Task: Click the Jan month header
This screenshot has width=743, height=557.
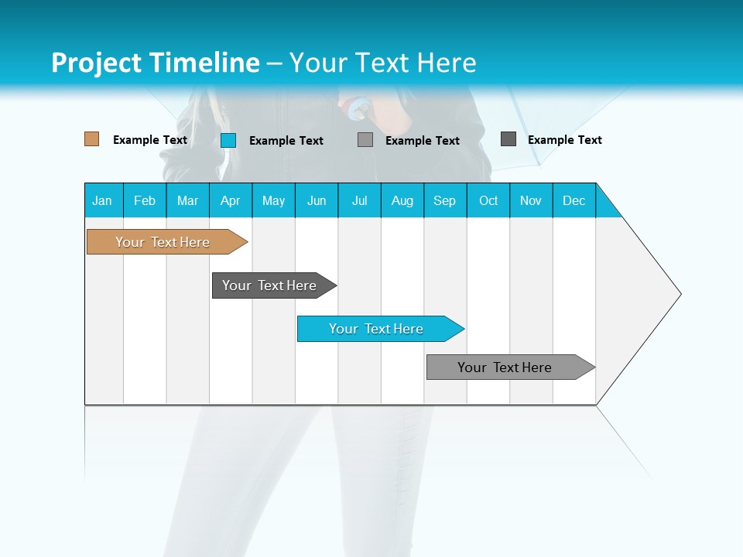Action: [x=103, y=200]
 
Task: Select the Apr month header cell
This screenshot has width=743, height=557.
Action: [x=231, y=200]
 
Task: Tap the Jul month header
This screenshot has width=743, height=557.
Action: [x=360, y=200]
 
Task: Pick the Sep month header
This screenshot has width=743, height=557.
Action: [x=445, y=200]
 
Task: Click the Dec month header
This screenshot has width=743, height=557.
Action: [x=574, y=200]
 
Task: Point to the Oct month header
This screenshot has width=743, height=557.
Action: [x=488, y=200]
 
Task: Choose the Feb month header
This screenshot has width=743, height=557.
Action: [x=145, y=200]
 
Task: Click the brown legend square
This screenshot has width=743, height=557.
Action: [x=92, y=139]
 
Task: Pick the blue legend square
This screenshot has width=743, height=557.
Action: [x=228, y=140]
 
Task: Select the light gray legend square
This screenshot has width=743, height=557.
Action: [x=365, y=140]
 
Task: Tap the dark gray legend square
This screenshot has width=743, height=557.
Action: [x=508, y=139]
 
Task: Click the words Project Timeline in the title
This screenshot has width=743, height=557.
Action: [x=155, y=63]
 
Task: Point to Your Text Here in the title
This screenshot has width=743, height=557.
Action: [x=382, y=63]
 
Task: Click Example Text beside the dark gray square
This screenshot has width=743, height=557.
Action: [x=564, y=140]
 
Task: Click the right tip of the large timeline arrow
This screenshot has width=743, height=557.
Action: [x=679, y=294]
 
